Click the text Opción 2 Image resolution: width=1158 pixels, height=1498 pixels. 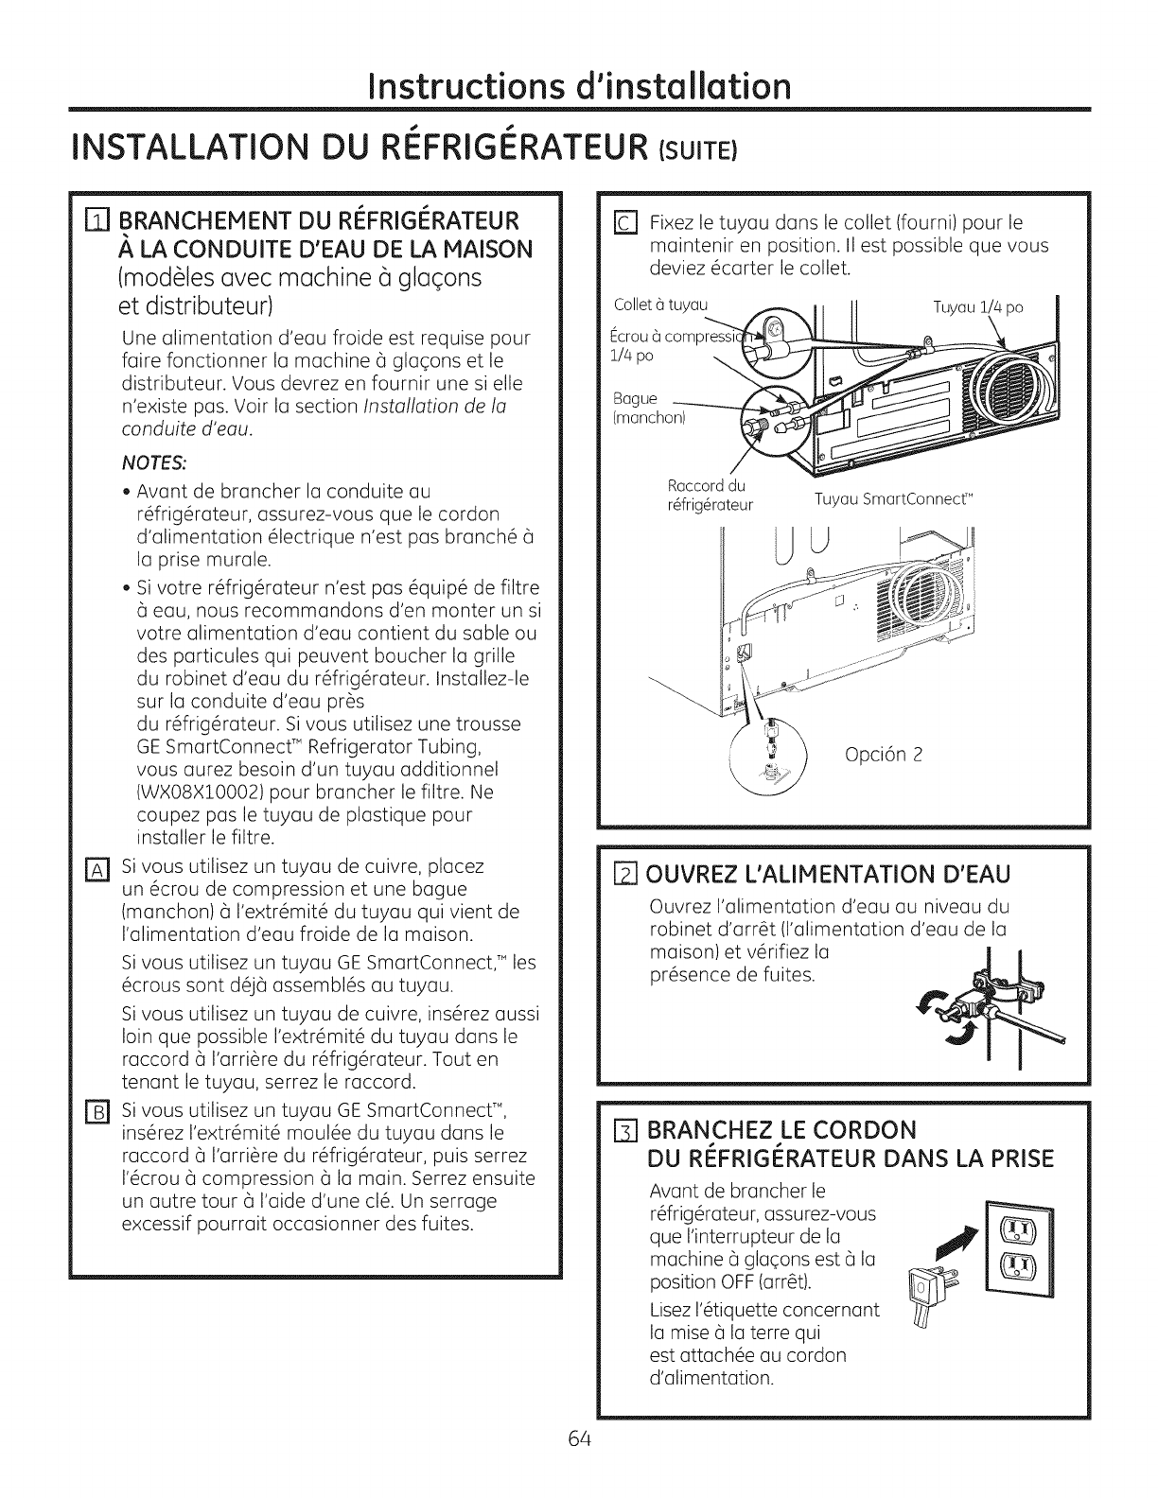(881, 755)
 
